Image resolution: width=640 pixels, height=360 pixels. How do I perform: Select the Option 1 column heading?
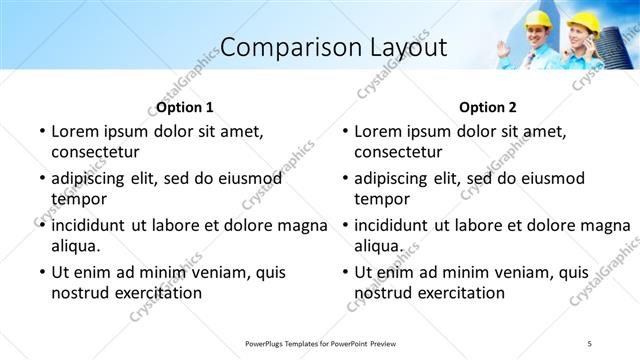coord(185,107)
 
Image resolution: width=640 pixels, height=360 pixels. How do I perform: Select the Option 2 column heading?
coord(488,107)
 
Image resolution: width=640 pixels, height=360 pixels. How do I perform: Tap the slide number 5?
coord(590,343)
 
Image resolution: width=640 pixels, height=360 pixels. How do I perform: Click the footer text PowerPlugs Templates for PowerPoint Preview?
coord(320,343)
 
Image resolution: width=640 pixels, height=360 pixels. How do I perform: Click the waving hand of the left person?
coord(501,46)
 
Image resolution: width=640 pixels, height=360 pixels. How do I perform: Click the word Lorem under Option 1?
coord(76,131)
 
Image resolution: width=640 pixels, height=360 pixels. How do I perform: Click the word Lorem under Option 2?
coord(379,131)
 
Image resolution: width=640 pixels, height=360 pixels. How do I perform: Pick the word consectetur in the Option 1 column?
coord(95,152)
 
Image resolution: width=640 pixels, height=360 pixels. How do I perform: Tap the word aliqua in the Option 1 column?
coord(75,245)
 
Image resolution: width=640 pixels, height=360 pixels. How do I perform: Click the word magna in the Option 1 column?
coord(307,224)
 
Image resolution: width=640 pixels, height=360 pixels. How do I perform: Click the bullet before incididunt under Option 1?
coord(41,225)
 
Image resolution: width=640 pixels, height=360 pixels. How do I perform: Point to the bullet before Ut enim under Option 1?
coord(41,272)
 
